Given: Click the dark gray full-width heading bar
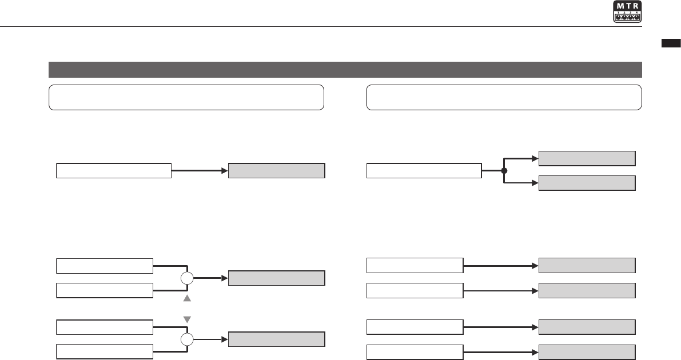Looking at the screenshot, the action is [345, 70].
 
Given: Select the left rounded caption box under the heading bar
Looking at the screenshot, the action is [186, 97].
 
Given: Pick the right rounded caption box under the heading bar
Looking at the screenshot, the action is [503, 97].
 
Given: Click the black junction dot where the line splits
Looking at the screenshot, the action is [504, 170].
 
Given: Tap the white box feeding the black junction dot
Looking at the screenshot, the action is [424, 170].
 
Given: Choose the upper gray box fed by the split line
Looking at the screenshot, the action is [587, 158].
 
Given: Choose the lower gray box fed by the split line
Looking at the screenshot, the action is [587, 183].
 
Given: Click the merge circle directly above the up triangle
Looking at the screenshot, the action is [187, 278].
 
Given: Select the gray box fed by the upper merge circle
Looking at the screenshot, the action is [277, 278].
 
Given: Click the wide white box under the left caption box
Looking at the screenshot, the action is [114, 170].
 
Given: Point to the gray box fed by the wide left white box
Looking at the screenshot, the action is [277, 170].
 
